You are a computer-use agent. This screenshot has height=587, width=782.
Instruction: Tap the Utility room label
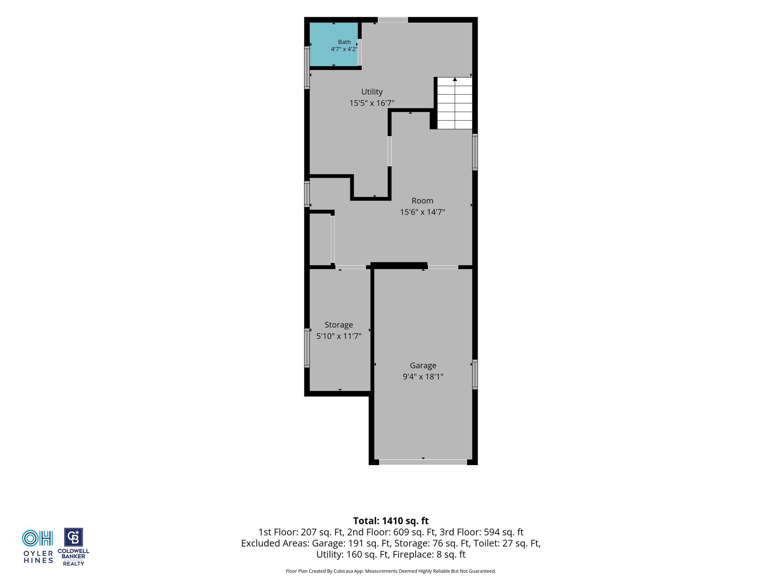[x=372, y=92]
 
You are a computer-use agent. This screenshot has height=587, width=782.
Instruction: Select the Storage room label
[x=339, y=325]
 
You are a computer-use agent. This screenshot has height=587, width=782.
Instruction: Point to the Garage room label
[x=423, y=365]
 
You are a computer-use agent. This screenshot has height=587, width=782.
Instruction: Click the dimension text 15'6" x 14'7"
[x=422, y=212]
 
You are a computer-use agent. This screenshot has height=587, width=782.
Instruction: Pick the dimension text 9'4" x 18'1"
[x=423, y=376]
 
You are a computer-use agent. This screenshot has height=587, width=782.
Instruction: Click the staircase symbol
[x=454, y=103]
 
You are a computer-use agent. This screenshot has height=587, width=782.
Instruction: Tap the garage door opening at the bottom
[x=423, y=462]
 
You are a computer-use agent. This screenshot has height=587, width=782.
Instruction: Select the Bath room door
[x=360, y=52]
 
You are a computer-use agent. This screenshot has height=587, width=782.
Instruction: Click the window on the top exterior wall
[x=393, y=20]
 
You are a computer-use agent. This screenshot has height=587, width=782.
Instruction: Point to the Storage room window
[x=307, y=348]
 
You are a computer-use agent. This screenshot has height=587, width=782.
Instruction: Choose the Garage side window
[x=475, y=374]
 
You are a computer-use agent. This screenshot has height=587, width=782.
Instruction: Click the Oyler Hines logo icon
[x=37, y=538]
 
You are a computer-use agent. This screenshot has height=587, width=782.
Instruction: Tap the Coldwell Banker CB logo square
[x=73, y=537]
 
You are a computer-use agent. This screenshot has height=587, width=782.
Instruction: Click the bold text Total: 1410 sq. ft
[x=391, y=521]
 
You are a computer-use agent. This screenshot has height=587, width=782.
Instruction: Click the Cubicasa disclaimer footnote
[x=391, y=571]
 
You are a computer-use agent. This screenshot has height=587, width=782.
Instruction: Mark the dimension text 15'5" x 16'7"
[x=372, y=103]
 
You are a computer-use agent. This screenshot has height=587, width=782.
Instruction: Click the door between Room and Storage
[x=351, y=267]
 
